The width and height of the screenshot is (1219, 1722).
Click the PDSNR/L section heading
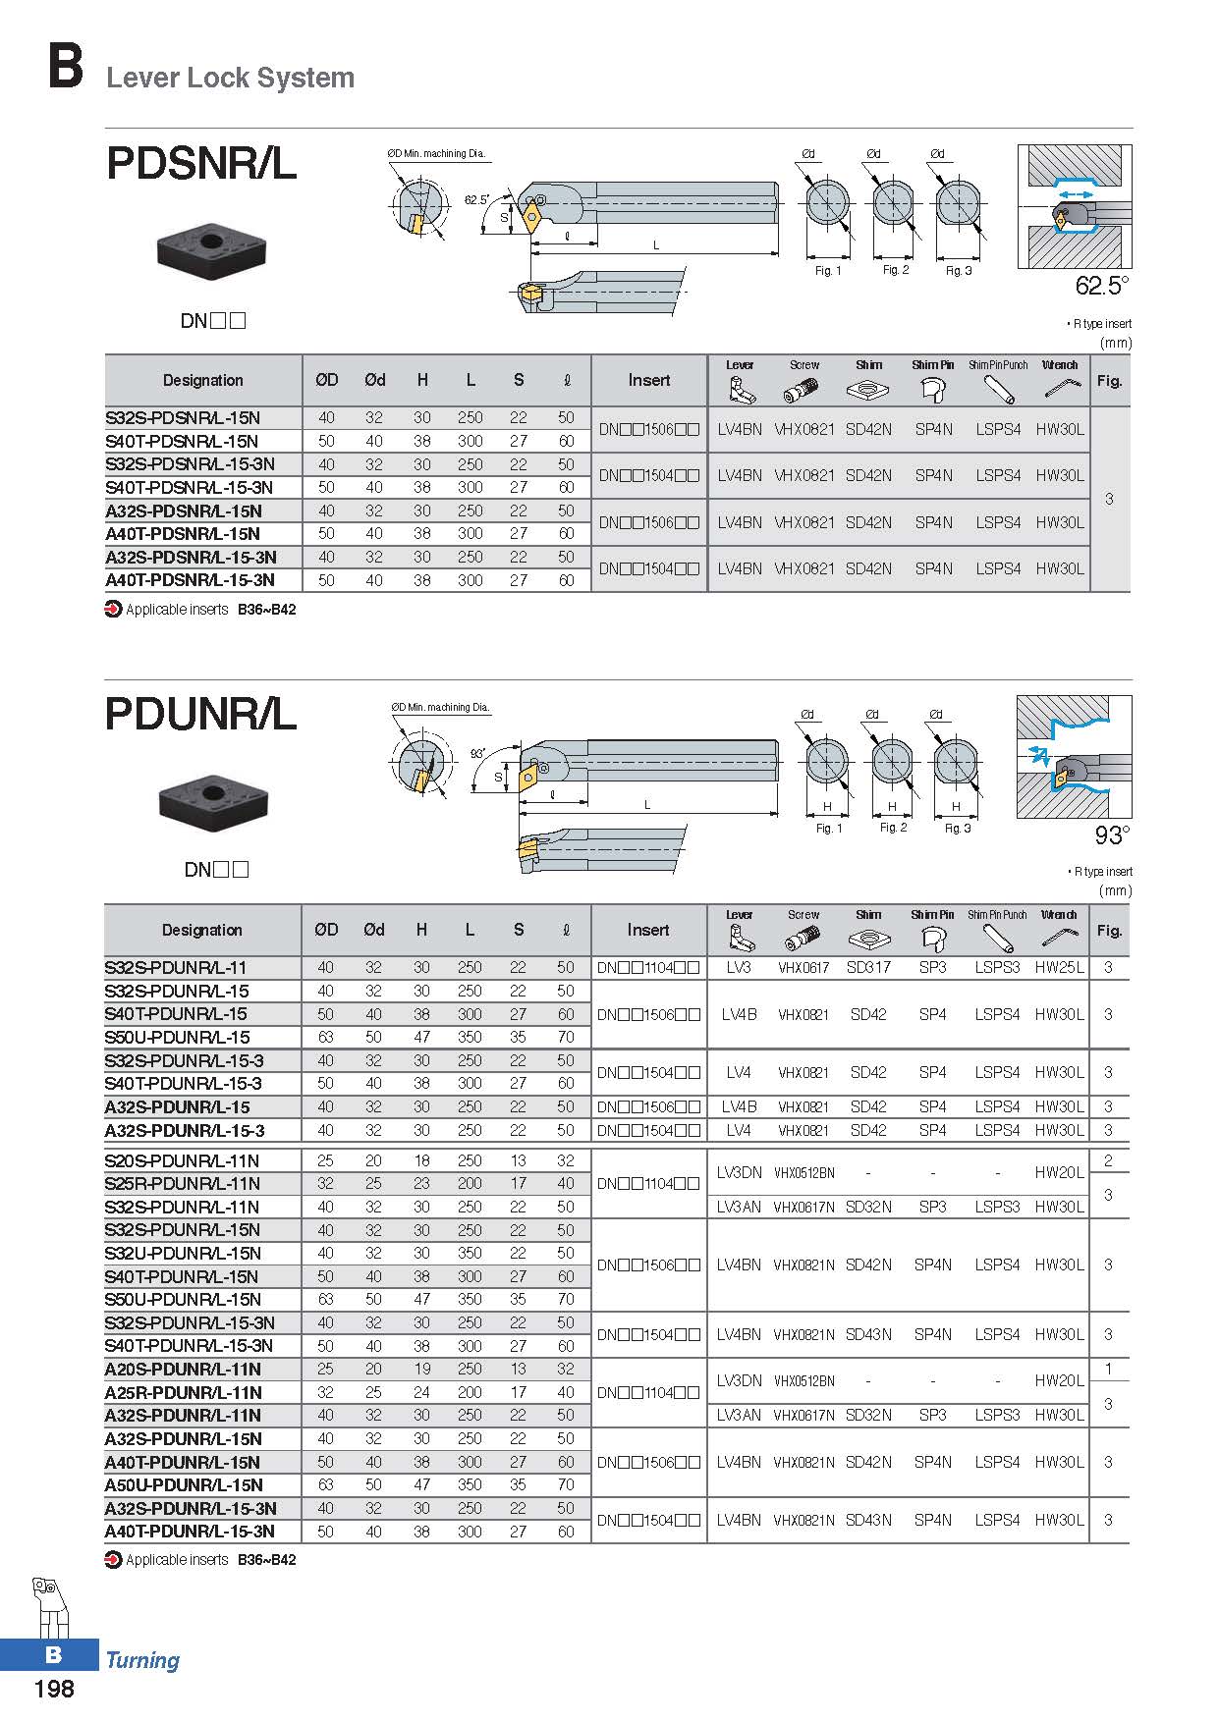[201, 164]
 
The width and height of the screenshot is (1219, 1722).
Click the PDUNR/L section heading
[201, 714]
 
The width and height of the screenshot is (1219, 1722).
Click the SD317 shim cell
[868, 967]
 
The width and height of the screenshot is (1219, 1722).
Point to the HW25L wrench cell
[1059, 967]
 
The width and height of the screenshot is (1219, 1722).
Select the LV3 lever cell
[739, 967]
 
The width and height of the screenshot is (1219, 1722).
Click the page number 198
[54, 1689]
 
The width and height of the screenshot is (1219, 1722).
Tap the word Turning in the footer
[142, 1660]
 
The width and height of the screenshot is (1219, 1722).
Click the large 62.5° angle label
[1102, 286]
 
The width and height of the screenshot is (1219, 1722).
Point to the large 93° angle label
[1112, 835]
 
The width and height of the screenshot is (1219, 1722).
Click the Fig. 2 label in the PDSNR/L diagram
[896, 270]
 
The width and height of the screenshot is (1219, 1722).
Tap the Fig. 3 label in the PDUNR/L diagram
[958, 829]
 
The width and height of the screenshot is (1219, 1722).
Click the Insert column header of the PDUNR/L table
[648, 930]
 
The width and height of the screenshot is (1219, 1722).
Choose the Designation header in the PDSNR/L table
[203, 380]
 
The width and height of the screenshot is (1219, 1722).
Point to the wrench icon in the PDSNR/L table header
[1060, 389]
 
